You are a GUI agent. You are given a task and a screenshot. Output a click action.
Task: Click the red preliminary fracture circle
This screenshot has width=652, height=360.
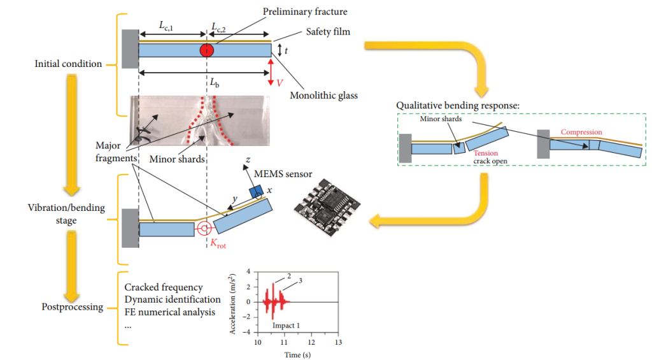point(206,50)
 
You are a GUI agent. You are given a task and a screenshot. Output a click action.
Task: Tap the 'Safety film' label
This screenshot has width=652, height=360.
point(322,31)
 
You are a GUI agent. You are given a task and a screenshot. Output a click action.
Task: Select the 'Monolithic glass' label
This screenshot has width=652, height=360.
point(323,96)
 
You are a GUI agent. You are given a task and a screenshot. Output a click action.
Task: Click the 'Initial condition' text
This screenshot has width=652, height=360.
point(68,64)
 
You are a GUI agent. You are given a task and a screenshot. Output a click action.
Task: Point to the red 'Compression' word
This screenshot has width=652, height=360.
point(581,133)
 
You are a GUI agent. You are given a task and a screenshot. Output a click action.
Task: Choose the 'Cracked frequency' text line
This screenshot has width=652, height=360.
point(164,288)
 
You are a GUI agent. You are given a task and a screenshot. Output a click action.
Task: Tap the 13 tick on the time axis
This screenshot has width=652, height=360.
point(338,342)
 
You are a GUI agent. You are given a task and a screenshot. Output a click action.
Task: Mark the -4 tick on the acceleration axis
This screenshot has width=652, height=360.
point(248,333)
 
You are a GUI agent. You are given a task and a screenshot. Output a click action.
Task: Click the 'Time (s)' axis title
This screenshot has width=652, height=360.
point(297,354)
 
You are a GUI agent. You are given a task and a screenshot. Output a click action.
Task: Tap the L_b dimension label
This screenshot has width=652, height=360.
point(207,83)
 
